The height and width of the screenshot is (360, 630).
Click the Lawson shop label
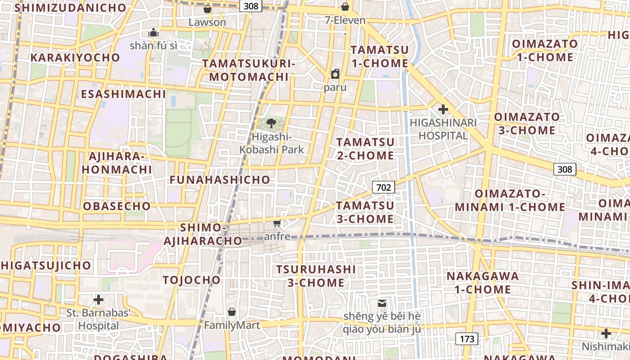tap(207, 22)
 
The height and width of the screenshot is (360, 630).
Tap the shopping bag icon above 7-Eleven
tap(345, 7)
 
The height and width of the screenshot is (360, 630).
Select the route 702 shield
tap(383, 187)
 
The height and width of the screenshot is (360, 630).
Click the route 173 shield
tap(467, 339)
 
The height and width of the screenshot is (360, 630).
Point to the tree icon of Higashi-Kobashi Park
tap(271, 123)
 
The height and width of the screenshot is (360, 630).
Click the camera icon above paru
tap(335, 74)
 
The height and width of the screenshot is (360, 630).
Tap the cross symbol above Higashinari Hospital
tap(443, 109)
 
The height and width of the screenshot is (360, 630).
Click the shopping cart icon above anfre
tap(277, 223)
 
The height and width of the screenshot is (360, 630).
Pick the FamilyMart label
tap(232, 325)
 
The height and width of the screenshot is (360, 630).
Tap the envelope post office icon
tap(382, 303)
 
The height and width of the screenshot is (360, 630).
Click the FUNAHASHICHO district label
tap(220, 180)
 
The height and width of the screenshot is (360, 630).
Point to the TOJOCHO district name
tap(192, 280)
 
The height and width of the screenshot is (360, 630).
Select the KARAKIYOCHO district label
tap(75, 58)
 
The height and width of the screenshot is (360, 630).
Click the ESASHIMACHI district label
tap(124, 94)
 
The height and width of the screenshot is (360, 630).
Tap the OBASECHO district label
tap(117, 206)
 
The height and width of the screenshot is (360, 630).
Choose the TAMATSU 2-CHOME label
tap(365, 149)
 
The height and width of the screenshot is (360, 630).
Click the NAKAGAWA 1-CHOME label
tap(482, 283)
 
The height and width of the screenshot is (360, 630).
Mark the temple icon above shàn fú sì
tap(153, 32)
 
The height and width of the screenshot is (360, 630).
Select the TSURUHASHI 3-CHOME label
tap(316, 276)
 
